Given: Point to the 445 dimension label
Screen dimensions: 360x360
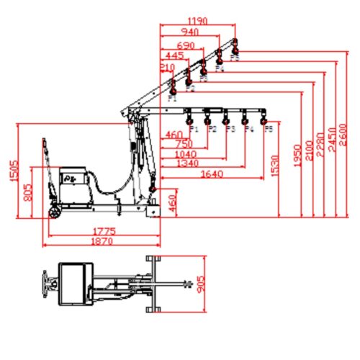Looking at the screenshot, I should pyautogui.click(x=173, y=55).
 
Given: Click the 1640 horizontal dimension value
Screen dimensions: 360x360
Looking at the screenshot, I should pyautogui.click(x=213, y=174).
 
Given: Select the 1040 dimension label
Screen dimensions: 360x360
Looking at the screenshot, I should pyautogui.click(x=186, y=154).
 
